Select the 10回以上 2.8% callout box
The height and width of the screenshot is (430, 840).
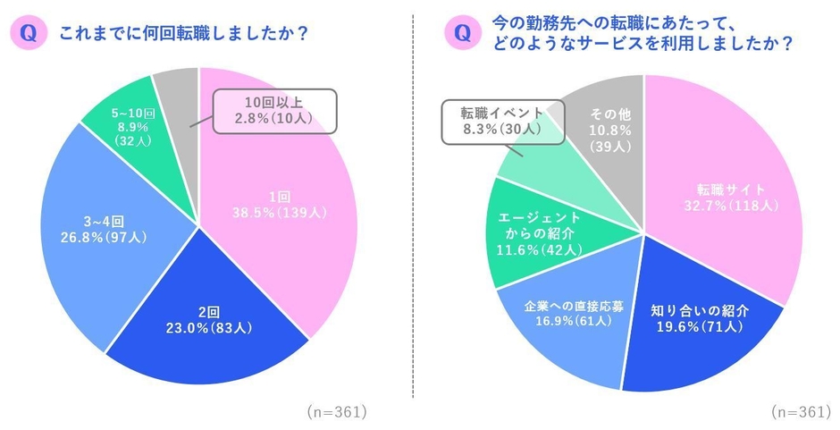[x=267, y=112]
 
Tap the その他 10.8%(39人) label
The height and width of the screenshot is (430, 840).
[x=600, y=131]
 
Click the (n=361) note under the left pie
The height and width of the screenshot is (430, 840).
[x=337, y=412]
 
